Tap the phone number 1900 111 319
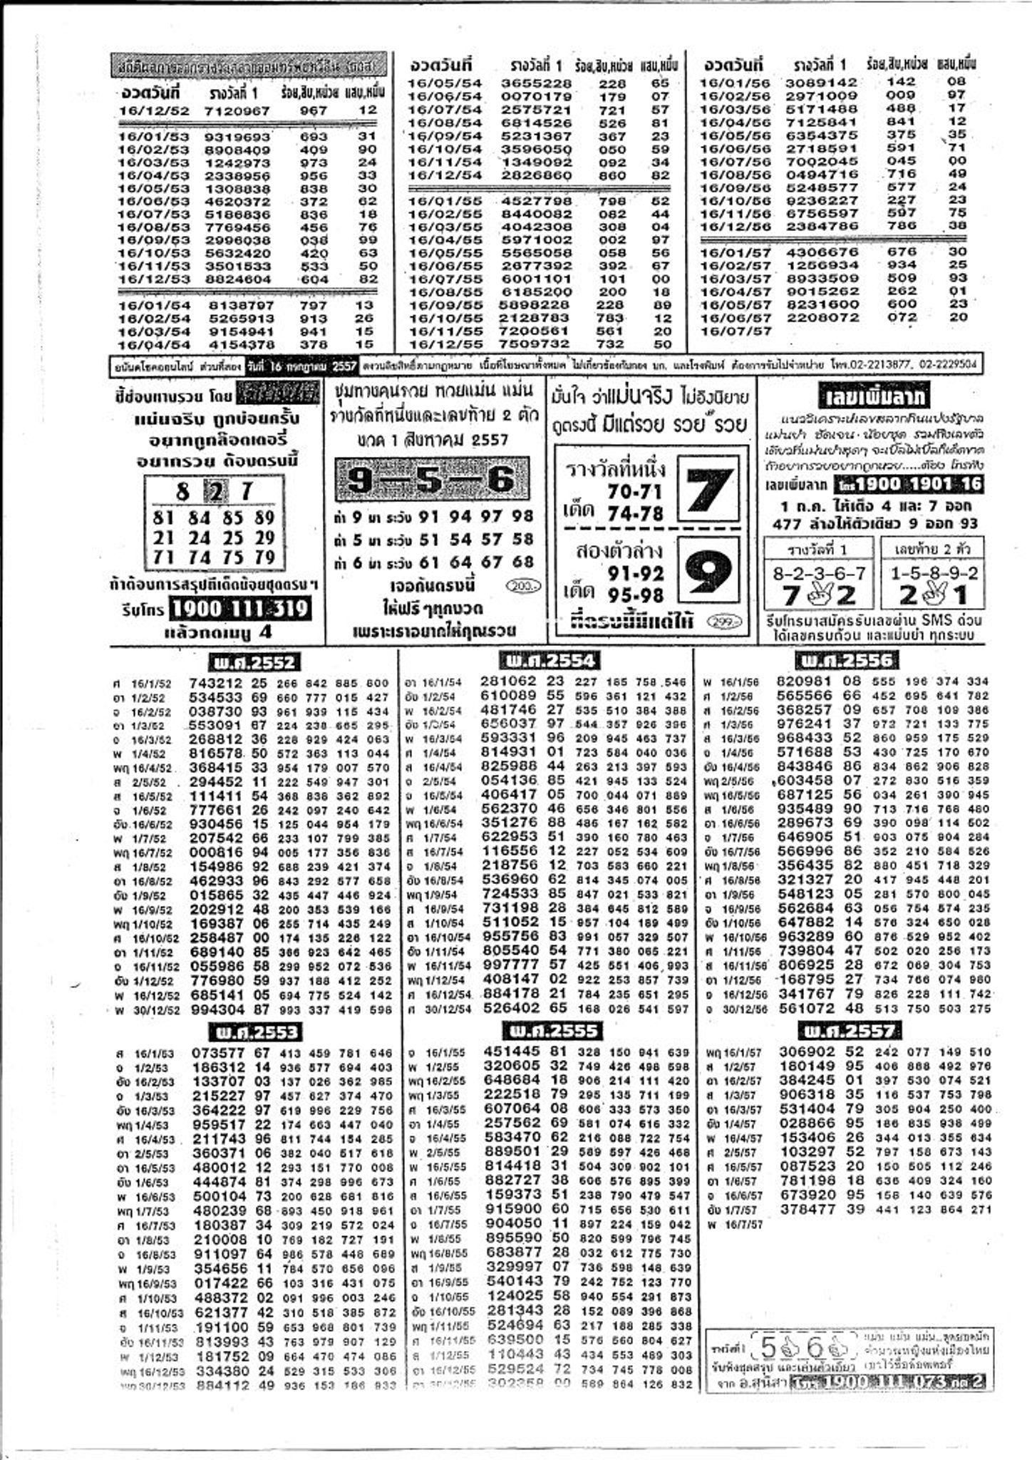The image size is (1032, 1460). (241, 609)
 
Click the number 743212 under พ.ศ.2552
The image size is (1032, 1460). (217, 682)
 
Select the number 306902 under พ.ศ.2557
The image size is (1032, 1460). (805, 1052)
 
